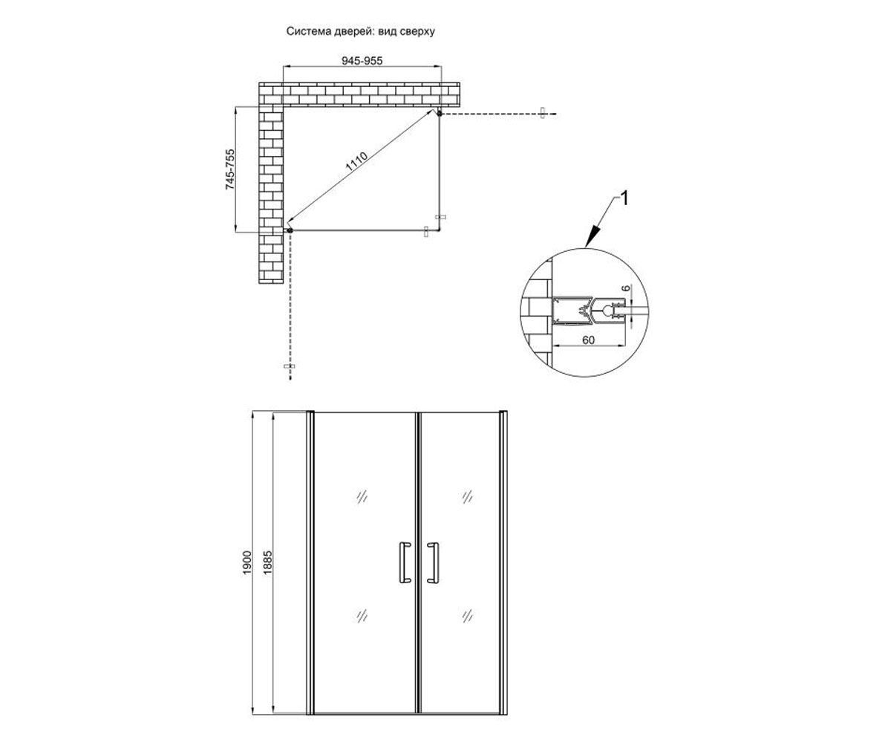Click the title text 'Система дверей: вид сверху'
coord(361,31)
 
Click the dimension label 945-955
coord(362,61)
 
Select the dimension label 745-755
coord(230,169)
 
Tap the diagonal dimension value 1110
coord(356,162)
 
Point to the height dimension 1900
coord(247,562)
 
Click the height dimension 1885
coord(267,562)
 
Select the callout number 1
coord(624,199)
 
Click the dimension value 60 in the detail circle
coord(589,340)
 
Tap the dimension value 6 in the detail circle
coord(626,289)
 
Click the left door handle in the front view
coord(404,562)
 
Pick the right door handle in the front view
coord(434,562)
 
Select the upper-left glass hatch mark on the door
coord(362,496)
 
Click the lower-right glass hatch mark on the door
coord(467,615)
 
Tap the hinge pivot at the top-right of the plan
coord(440,113)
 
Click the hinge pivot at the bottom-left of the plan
coord(290,230)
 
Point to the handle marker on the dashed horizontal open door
coord(542,113)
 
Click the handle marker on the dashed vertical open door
coord(290,366)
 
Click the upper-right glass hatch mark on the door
coord(467,496)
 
